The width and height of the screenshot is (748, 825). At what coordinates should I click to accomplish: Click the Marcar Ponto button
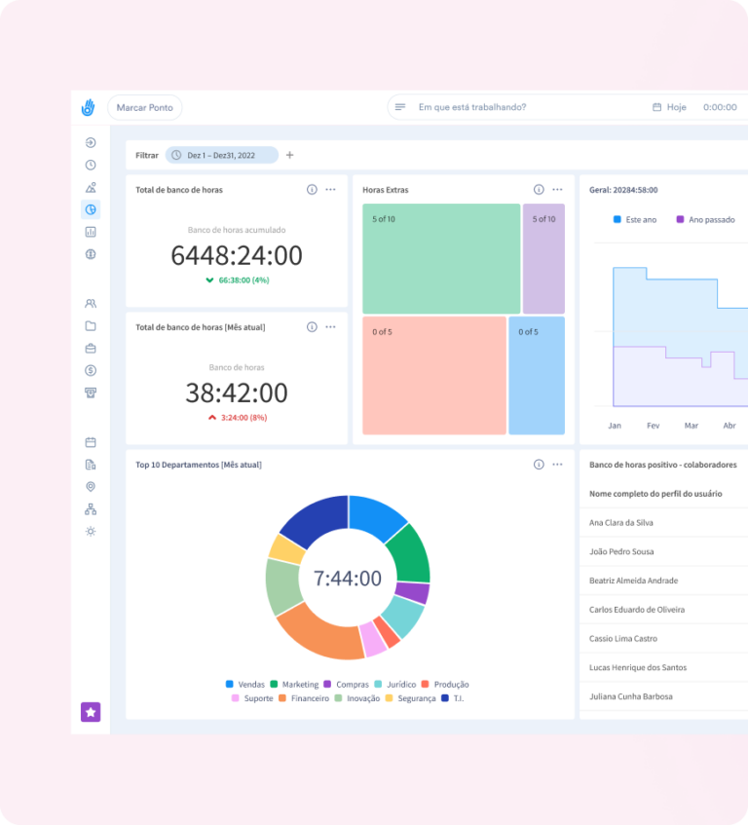point(144,108)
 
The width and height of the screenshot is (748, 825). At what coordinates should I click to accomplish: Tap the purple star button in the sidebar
point(91,712)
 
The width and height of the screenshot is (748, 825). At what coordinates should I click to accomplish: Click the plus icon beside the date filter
point(289,155)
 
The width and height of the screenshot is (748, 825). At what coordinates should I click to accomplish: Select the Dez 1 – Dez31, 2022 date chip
point(221,155)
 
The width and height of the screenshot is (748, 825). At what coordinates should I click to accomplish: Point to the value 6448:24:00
point(237,256)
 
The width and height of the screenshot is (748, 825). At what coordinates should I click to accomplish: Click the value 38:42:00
point(237,394)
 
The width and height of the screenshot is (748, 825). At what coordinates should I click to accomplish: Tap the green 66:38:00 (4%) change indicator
point(237,280)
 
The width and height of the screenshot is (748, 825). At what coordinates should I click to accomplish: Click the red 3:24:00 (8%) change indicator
point(237,418)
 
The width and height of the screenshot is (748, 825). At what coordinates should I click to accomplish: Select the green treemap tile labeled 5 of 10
point(441,258)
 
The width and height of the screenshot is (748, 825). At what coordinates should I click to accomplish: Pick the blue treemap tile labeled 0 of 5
point(537,375)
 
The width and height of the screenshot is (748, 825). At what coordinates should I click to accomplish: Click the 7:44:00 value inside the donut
point(348,579)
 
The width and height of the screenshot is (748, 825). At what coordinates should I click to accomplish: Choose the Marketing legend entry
point(294,685)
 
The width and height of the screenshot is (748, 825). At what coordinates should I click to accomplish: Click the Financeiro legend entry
point(303,698)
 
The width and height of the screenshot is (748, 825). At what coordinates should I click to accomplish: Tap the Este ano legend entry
point(635,220)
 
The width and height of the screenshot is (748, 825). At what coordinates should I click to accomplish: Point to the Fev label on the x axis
point(653,426)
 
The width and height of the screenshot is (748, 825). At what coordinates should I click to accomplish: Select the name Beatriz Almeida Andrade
point(634,581)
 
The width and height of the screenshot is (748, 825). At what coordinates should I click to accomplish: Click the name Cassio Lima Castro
point(623,639)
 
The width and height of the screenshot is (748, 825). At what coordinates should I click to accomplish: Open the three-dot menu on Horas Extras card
point(557,190)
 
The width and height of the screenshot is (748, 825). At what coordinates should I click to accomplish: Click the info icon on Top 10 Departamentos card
point(539,465)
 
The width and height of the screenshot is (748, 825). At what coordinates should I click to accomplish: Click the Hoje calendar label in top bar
point(670,108)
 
